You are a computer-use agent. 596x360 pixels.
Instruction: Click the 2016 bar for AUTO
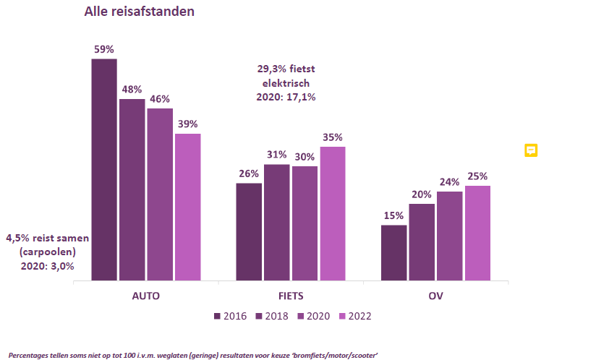[104, 170]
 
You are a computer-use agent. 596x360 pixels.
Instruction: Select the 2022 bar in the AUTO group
[188, 207]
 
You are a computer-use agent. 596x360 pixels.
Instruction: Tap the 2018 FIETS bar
[277, 223]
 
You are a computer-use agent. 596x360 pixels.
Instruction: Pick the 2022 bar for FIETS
[333, 214]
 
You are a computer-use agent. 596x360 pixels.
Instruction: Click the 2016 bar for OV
[393, 253]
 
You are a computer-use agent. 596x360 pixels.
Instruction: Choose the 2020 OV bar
[450, 236]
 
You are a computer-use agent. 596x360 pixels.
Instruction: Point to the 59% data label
[104, 49]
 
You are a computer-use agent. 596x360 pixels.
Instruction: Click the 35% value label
[333, 137]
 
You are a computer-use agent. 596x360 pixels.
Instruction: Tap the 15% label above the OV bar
[393, 215]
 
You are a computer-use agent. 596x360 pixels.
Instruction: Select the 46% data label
[160, 99]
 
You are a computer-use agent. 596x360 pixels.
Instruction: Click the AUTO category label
[146, 296]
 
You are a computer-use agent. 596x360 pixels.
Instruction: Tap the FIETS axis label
[291, 296]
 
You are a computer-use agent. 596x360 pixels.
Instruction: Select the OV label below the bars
[435, 296]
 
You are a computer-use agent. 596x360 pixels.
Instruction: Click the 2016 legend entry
[230, 316]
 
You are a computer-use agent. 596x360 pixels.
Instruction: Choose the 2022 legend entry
[355, 316]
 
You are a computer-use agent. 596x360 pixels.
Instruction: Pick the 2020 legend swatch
[301, 316]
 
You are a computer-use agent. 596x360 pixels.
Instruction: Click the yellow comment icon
[531, 150]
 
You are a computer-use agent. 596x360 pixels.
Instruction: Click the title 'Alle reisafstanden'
[139, 12]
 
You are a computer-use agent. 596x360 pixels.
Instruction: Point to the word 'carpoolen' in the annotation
[48, 252]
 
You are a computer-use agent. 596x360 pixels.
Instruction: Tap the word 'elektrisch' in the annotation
[286, 83]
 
